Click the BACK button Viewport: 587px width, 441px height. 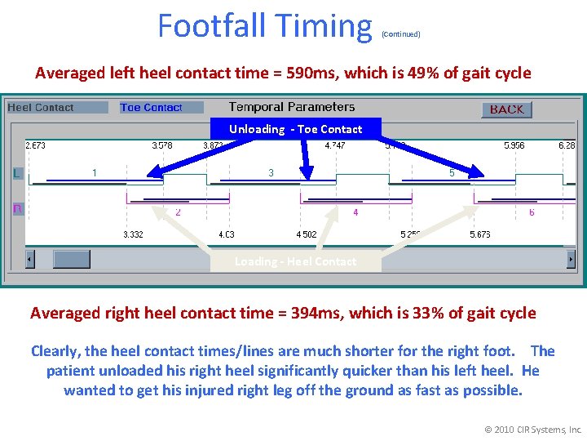[506, 109]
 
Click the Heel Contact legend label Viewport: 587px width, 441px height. [41, 108]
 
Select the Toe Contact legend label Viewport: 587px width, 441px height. [151, 108]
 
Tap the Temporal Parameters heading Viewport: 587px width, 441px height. [292, 107]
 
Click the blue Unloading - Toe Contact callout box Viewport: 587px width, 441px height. [295, 129]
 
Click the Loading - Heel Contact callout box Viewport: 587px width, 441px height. [295, 261]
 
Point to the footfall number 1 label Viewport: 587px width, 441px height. [95, 172]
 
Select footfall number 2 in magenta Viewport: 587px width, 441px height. [179, 212]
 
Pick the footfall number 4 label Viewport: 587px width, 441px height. [355, 212]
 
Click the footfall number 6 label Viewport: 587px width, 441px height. [532, 212]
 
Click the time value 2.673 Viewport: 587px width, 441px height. [36, 145]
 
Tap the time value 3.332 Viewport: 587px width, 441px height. [133, 235]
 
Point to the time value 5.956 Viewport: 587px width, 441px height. [514, 145]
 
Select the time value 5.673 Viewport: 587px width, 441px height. [480, 235]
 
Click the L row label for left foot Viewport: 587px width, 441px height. [17, 173]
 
